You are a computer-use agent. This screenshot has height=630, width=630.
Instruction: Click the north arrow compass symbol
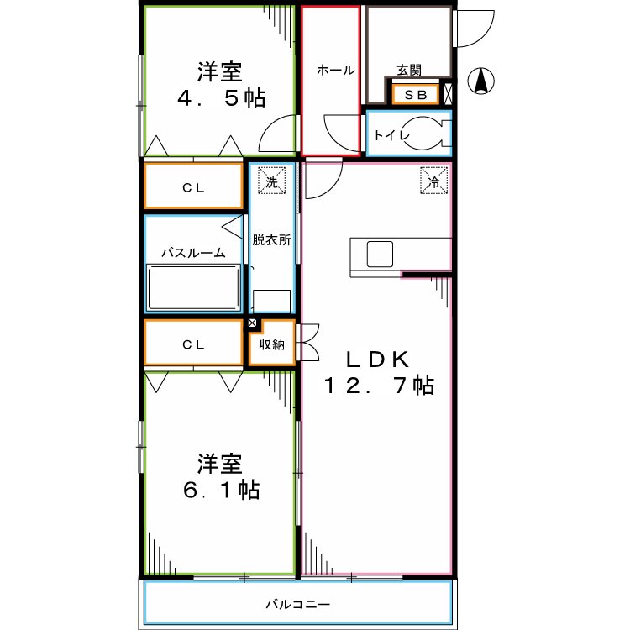point(481,81)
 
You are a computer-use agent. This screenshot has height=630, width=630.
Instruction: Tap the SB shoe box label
point(415,95)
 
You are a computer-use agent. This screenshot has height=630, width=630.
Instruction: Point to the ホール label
point(334,71)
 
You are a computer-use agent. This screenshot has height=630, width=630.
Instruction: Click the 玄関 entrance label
point(409,71)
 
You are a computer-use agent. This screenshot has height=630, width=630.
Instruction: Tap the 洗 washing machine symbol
point(271,181)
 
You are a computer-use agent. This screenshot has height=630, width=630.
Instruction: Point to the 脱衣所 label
point(271,239)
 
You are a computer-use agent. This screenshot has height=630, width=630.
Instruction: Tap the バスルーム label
point(193,252)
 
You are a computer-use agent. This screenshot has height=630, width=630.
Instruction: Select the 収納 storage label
point(271,344)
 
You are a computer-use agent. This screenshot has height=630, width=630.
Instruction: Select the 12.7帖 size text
point(380,386)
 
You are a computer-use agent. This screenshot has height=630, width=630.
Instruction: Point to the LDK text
point(379,359)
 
